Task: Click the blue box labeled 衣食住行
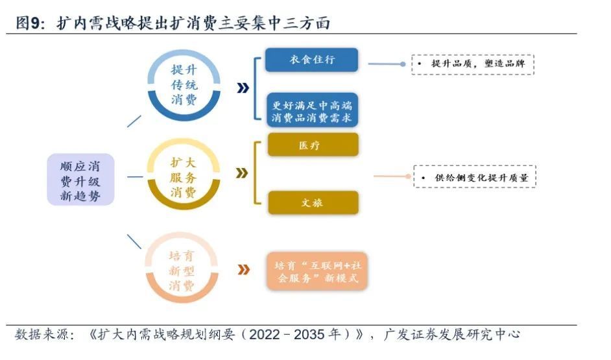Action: click(x=311, y=60)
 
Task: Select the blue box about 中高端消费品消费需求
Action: click(x=312, y=110)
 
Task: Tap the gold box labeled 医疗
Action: click(x=313, y=145)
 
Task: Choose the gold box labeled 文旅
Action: click(x=313, y=202)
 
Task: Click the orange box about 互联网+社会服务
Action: click(x=317, y=271)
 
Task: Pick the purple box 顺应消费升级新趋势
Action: click(x=80, y=180)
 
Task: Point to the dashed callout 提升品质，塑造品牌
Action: click(x=473, y=64)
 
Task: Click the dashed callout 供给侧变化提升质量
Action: click(x=475, y=177)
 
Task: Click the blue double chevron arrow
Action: click(x=243, y=88)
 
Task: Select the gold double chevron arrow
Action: click(x=242, y=173)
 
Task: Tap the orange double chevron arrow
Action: click(x=243, y=270)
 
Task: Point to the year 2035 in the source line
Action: click(x=310, y=335)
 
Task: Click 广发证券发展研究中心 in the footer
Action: click(x=451, y=334)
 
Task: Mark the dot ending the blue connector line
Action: click(x=403, y=64)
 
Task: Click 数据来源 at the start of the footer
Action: click(x=42, y=334)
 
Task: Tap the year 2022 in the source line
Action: click(x=265, y=335)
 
